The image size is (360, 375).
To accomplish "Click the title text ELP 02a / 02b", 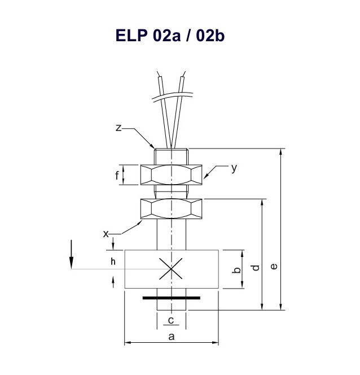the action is point(170,36).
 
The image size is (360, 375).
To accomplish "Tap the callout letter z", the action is point(118,128).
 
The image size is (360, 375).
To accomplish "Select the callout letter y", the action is point(234,168).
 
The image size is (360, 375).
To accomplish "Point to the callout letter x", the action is point(106,234).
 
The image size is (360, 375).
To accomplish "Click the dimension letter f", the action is point(117,176).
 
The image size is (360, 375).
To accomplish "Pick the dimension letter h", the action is point(113,261).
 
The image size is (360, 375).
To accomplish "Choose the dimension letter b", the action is point(237,270).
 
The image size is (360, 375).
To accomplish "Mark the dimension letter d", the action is point(256,268).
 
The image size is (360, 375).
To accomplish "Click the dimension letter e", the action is point(274,267).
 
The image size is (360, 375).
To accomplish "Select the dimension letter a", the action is point(172,337).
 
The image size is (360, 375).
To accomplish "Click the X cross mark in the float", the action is point(171,269).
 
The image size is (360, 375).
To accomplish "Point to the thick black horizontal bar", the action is point(172,298).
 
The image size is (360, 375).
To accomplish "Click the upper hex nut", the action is point(172,175).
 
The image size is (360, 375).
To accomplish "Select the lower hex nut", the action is point(172,209).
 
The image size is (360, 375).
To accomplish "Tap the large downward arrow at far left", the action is point(71,255).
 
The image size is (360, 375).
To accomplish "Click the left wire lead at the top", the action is point(165,110).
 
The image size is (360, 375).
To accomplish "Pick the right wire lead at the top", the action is point(179,110).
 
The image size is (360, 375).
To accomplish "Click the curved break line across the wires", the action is point(173,97).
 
